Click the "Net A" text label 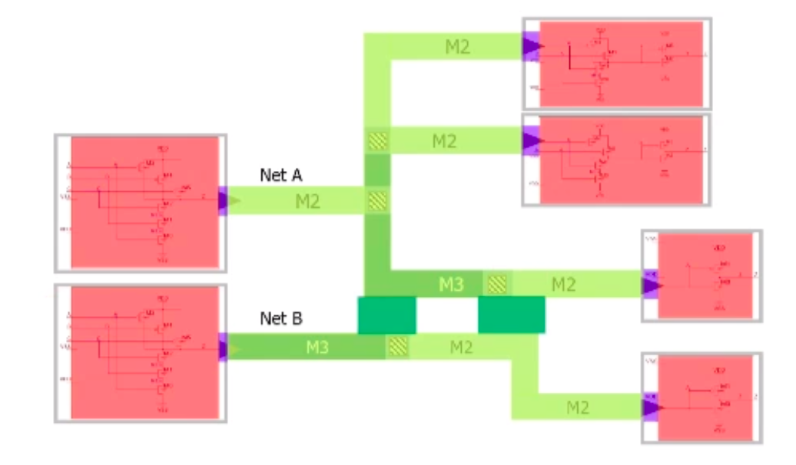pos(280,176)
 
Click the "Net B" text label pos(280,318)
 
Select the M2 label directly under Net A pos(308,203)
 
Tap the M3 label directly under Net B pos(318,348)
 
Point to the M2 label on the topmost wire pos(457,47)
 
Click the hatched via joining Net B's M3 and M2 pos(397,347)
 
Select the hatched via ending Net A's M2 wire pos(376,202)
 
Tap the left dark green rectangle pos(387,315)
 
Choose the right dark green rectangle pos(512,315)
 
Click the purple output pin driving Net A pos(224,202)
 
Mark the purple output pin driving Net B pos(224,349)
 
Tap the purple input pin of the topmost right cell pos(531,47)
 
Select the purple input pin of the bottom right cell pos(652,407)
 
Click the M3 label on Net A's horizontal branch pos(451,285)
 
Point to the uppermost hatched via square pos(376,141)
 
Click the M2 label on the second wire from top pos(444,141)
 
